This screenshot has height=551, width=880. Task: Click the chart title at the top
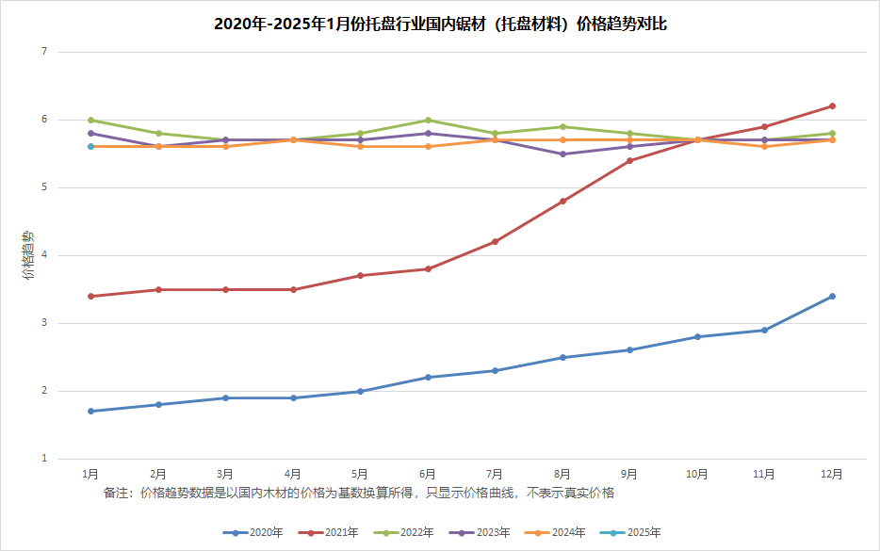[440, 24]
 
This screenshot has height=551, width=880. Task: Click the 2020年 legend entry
[253, 532]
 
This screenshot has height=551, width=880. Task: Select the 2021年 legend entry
[328, 532]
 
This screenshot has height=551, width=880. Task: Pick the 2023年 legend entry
[480, 532]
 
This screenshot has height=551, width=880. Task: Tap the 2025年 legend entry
[630, 532]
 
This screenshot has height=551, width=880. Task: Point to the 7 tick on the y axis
[44, 52]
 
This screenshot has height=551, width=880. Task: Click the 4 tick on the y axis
[44, 255]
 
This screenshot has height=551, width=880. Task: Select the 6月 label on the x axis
[427, 474]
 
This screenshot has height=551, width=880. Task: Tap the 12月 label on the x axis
[831, 474]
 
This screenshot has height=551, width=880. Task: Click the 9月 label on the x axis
[629, 474]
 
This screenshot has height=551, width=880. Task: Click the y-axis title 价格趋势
[27, 255]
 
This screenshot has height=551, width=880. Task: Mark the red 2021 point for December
[832, 106]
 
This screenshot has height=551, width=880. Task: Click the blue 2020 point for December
[832, 297]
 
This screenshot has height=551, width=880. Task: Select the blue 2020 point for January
[90, 412]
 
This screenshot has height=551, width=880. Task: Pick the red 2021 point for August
[562, 201]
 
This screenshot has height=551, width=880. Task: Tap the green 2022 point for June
[428, 120]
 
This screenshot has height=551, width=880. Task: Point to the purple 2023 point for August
[562, 154]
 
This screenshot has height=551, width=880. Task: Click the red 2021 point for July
[495, 242]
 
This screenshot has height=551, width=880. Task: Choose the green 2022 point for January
[90, 120]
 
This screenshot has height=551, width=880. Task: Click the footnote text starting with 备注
[359, 493]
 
